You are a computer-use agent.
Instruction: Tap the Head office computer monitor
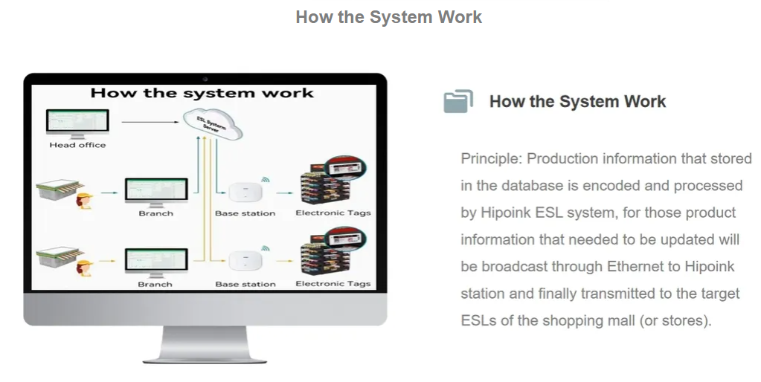77,123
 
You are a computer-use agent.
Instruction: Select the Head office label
77,145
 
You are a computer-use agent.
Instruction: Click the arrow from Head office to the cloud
149,121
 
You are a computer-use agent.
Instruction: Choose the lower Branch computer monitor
155,262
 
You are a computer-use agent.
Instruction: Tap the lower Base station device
245,262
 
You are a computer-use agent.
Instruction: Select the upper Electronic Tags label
333,213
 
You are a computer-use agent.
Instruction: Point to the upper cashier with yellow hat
84,200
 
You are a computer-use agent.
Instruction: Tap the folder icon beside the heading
458,102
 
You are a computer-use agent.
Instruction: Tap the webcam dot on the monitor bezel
205,79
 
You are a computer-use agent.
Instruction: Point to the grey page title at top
388,17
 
